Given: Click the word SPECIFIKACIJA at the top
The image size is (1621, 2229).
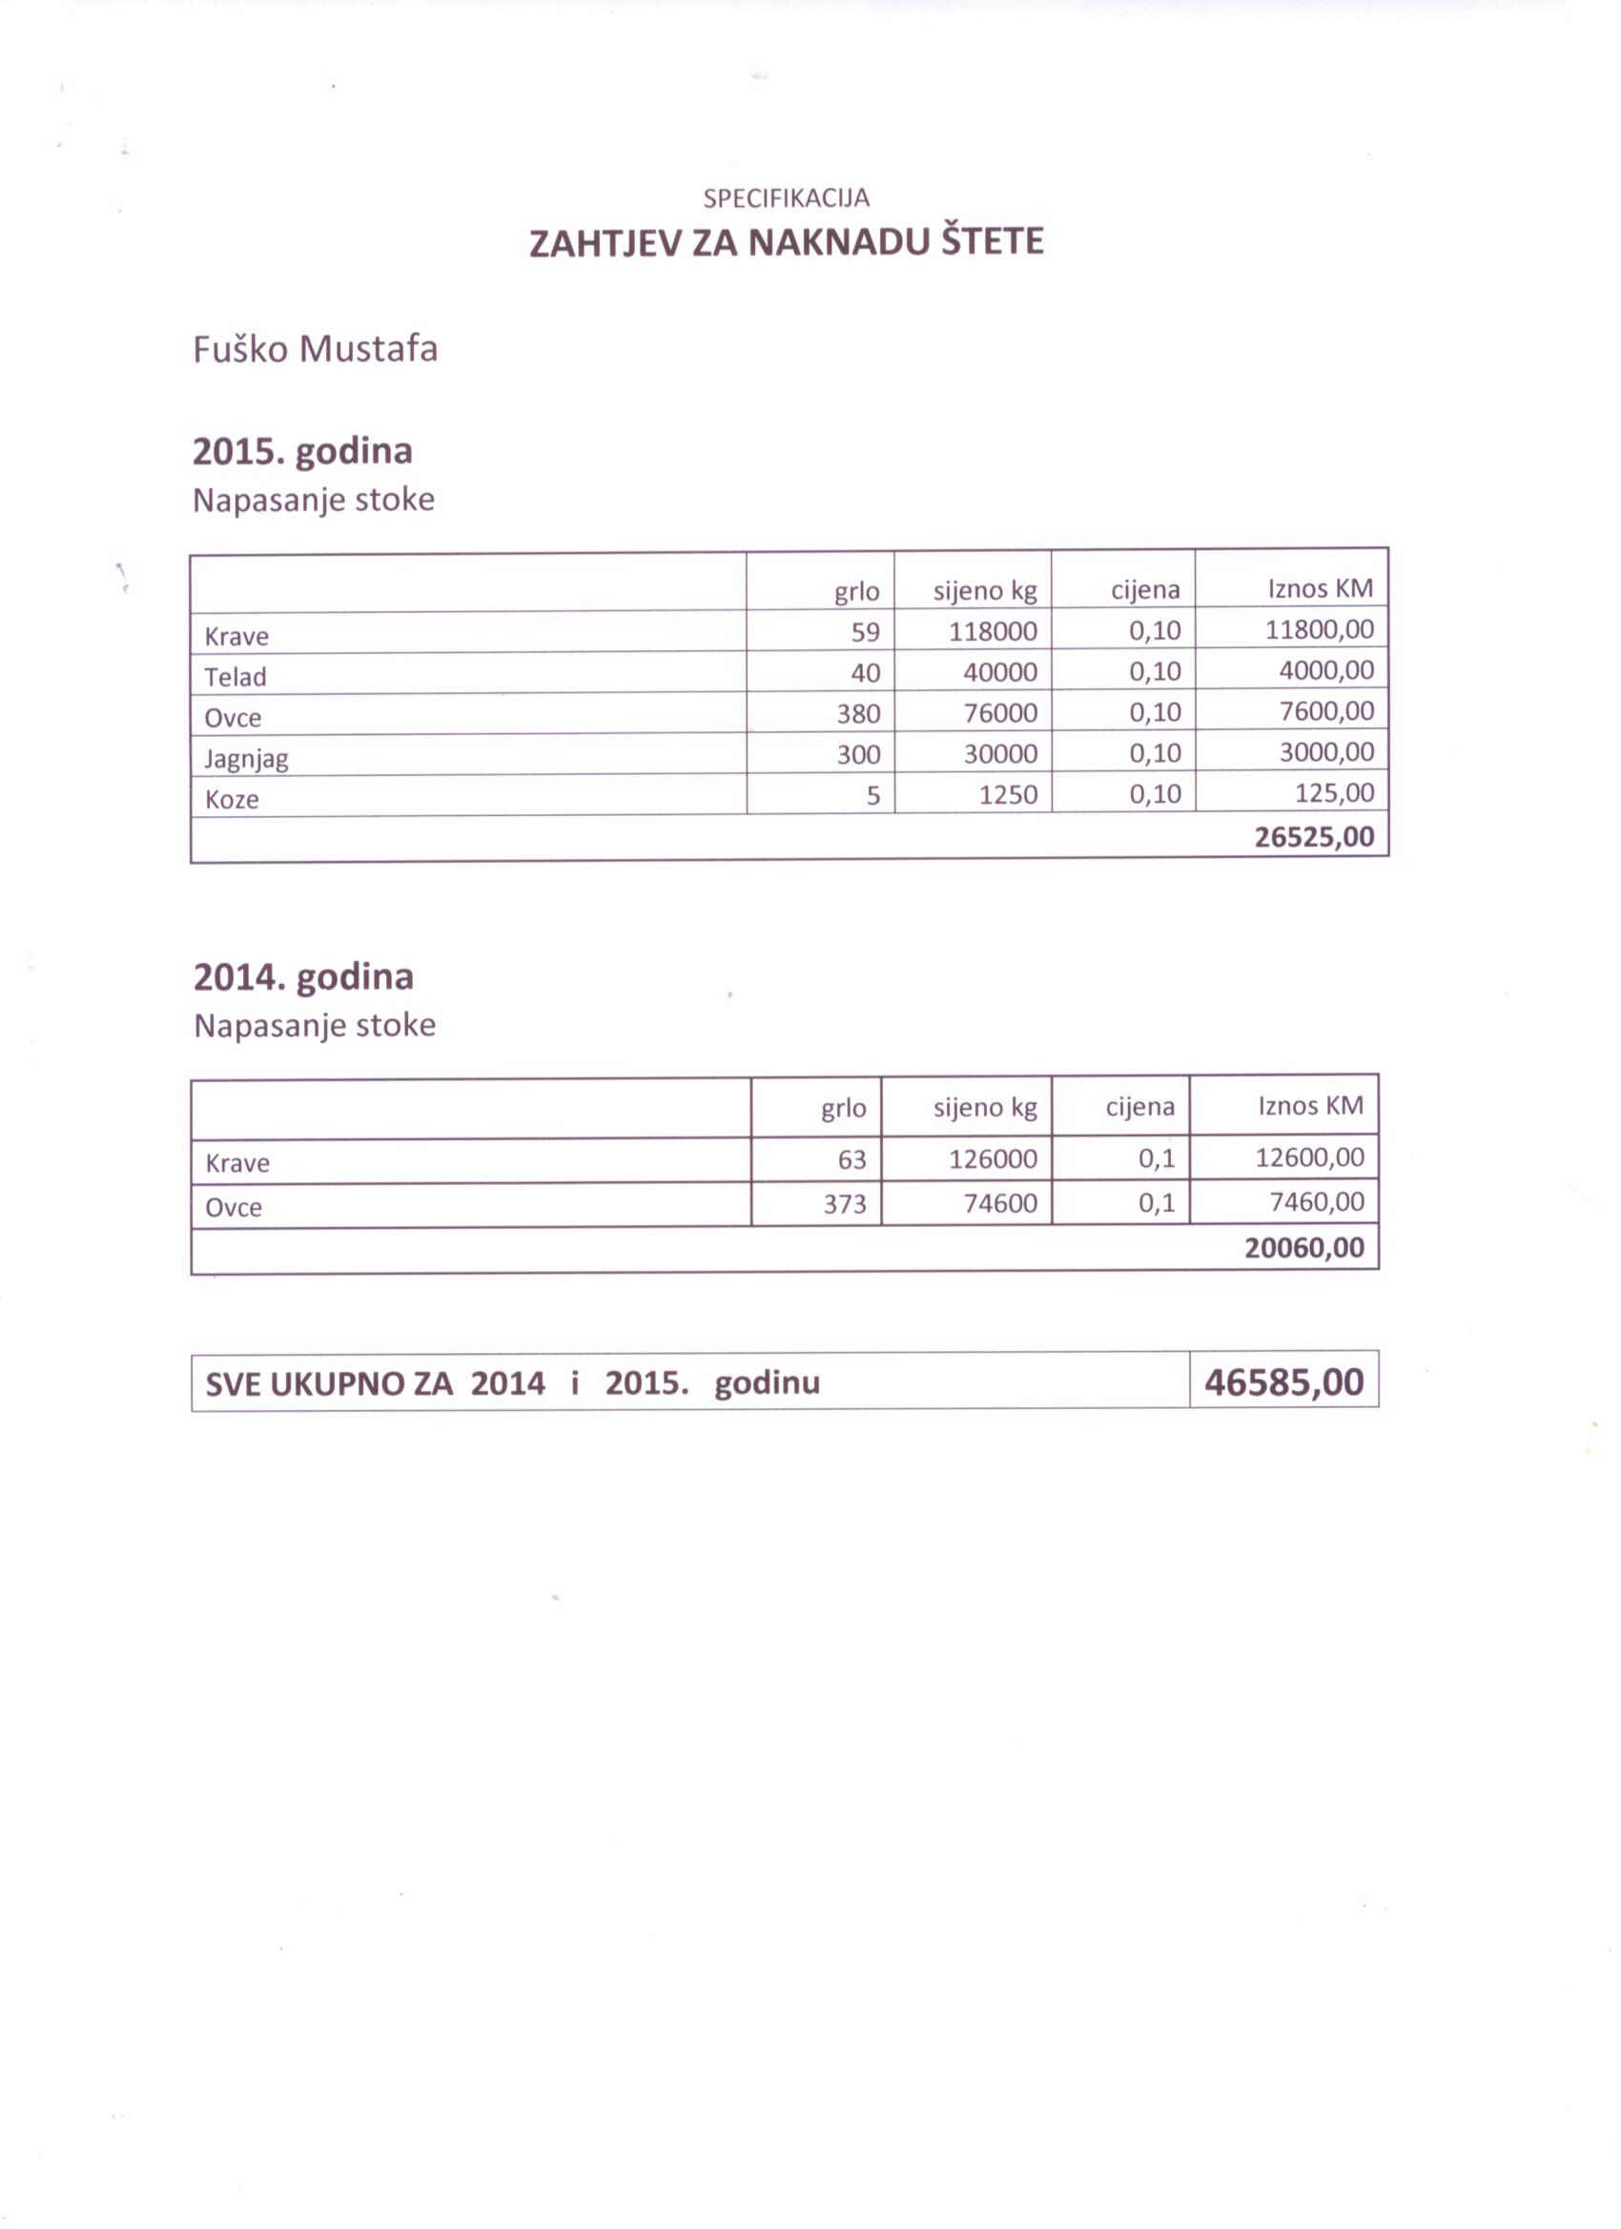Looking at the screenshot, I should pyautogui.click(x=786, y=198).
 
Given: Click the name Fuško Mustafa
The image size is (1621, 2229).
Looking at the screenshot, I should pyautogui.click(x=315, y=349).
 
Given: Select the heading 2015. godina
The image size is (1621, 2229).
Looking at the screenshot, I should pyautogui.click(x=301, y=451).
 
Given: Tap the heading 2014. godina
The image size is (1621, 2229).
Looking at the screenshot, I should pyautogui.click(x=303, y=977).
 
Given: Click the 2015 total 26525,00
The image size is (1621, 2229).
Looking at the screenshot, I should pyautogui.click(x=1313, y=837).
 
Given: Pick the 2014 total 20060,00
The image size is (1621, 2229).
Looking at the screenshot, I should pyautogui.click(x=1303, y=1248).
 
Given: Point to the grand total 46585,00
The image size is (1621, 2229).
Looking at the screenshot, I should pyautogui.click(x=1283, y=1382).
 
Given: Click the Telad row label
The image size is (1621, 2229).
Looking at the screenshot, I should pyautogui.click(x=235, y=677).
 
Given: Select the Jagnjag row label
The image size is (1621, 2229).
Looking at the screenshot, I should pyautogui.click(x=246, y=759).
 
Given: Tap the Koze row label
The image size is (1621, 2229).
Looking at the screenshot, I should pyautogui.click(x=231, y=800).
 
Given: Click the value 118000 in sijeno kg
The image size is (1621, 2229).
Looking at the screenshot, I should pyautogui.click(x=992, y=632).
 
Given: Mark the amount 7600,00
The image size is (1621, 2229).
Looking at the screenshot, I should pyautogui.click(x=1326, y=711).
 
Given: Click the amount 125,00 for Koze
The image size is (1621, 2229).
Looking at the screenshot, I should pyautogui.click(x=1334, y=793).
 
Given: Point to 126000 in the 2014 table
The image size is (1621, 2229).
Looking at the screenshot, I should pyautogui.click(x=992, y=1159).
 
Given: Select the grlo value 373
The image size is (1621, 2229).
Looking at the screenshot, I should pyautogui.click(x=845, y=1204).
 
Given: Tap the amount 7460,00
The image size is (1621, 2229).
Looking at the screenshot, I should pyautogui.click(x=1316, y=1202).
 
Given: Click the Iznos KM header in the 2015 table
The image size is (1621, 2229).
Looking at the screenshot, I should pyautogui.click(x=1320, y=588).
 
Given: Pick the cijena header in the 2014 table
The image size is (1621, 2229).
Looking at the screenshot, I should pyautogui.click(x=1139, y=1108).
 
